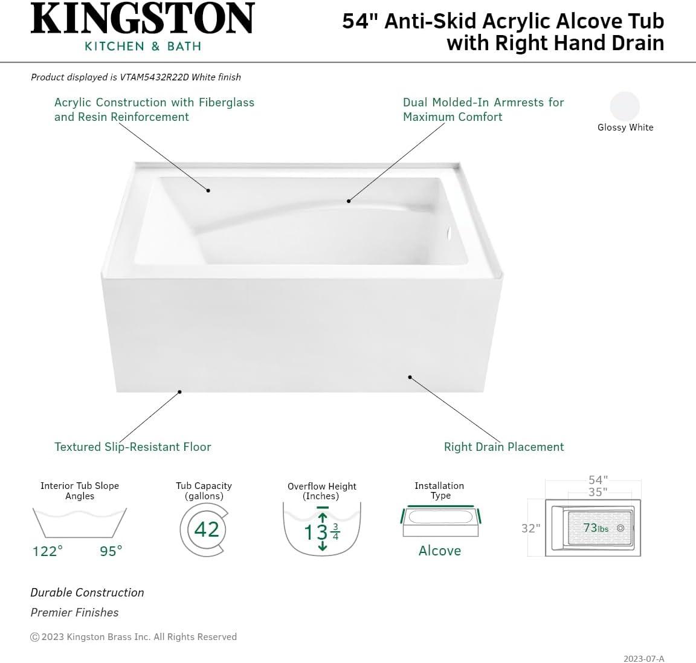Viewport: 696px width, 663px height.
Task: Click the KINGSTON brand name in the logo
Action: click(x=143, y=19)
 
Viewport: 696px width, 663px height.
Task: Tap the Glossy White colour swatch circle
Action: click(x=625, y=106)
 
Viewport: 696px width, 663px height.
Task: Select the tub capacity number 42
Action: click(x=207, y=529)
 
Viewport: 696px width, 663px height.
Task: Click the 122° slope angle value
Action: click(x=48, y=551)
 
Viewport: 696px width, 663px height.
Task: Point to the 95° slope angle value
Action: click(x=111, y=551)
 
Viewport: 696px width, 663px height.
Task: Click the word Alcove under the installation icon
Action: click(x=440, y=551)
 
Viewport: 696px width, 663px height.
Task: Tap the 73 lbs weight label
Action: click(x=596, y=528)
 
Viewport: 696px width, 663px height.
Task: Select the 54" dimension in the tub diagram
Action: click(x=598, y=480)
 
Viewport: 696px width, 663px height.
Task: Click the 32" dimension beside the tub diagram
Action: click(x=530, y=528)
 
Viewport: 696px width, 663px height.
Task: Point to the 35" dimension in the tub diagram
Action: click(x=598, y=492)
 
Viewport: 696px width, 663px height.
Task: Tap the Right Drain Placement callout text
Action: click(x=504, y=447)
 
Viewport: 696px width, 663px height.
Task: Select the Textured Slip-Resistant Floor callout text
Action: click(x=133, y=447)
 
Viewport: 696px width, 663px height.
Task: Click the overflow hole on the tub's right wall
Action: click(x=448, y=231)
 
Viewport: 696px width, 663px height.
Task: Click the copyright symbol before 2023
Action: click(x=35, y=637)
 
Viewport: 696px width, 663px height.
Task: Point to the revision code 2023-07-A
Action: click(x=644, y=659)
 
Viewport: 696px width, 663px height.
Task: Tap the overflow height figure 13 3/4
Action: click(x=322, y=532)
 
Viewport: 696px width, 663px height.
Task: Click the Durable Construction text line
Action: click(x=88, y=593)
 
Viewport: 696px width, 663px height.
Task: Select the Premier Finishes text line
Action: click(x=75, y=613)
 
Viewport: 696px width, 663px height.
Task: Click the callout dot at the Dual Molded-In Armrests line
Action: click(x=349, y=201)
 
